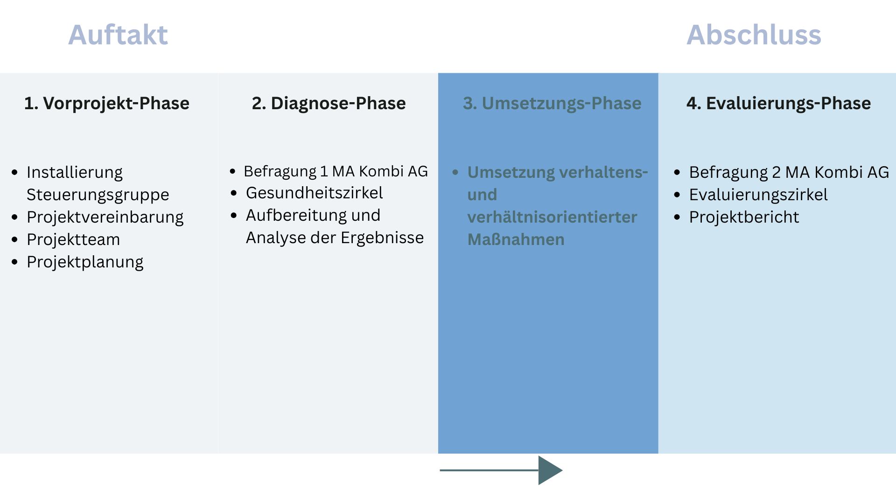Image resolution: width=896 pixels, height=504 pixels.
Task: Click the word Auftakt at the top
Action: point(118,35)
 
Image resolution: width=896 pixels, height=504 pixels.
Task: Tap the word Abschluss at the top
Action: point(754,35)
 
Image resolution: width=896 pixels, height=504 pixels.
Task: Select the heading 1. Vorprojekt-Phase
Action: point(107,103)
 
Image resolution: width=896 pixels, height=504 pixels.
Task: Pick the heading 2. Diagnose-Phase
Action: point(329,103)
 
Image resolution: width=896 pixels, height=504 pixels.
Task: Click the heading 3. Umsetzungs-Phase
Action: point(552,103)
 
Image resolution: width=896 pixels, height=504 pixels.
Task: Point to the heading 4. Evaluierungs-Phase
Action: point(778,103)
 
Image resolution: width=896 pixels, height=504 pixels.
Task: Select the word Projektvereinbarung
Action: point(105,217)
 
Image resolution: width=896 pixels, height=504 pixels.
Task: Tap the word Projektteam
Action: point(73,239)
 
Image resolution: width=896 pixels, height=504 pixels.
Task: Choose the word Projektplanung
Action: point(85,262)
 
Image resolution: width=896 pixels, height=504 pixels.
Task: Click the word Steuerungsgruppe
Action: point(98,195)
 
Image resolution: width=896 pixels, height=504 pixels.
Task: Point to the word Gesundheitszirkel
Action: point(314,193)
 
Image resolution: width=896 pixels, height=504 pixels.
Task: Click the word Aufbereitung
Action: point(296,215)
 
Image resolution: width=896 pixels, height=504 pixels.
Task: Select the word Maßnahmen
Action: point(516,239)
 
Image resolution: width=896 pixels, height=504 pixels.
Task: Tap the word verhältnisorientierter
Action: point(552,217)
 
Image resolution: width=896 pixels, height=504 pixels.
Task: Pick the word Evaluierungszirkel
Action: point(758,195)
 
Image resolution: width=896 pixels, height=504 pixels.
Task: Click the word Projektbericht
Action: point(744,217)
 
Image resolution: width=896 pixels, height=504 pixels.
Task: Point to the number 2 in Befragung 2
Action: point(776,172)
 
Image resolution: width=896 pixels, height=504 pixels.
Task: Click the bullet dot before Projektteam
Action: point(15,240)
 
